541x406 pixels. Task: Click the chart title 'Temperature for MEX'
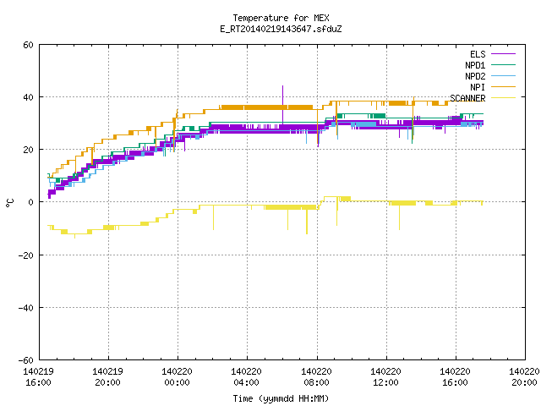click(x=281, y=18)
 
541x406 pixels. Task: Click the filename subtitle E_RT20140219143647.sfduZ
click(x=281, y=29)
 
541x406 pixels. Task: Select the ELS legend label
click(x=478, y=54)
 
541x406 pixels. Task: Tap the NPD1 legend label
click(x=475, y=65)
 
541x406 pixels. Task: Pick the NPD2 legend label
click(x=475, y=76)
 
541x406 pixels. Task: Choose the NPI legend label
click(x=478, y=87)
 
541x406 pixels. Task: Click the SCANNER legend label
click(x=467, y=98)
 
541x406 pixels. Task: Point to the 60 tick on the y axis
click(x=28, y=45)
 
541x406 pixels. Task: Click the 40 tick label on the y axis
click(x=28, y=97)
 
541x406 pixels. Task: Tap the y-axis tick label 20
click(x=28, y=150)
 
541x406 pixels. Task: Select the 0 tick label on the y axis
click(x=31, y=202)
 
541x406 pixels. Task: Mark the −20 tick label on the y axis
click(x=26, y=255)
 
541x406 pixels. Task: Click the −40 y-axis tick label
click(x=26, y=308)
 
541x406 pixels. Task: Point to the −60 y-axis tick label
click(x=26, y=360)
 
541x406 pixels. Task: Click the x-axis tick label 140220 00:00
click(x=177, y=377)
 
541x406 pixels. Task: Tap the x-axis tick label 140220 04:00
click(x=246, y=377)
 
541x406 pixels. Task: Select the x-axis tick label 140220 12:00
click(x=385, y=377)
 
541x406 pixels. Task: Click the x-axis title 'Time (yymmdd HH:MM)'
click(x=281, y=398)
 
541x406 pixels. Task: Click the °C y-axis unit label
click(x=9, y=203)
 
